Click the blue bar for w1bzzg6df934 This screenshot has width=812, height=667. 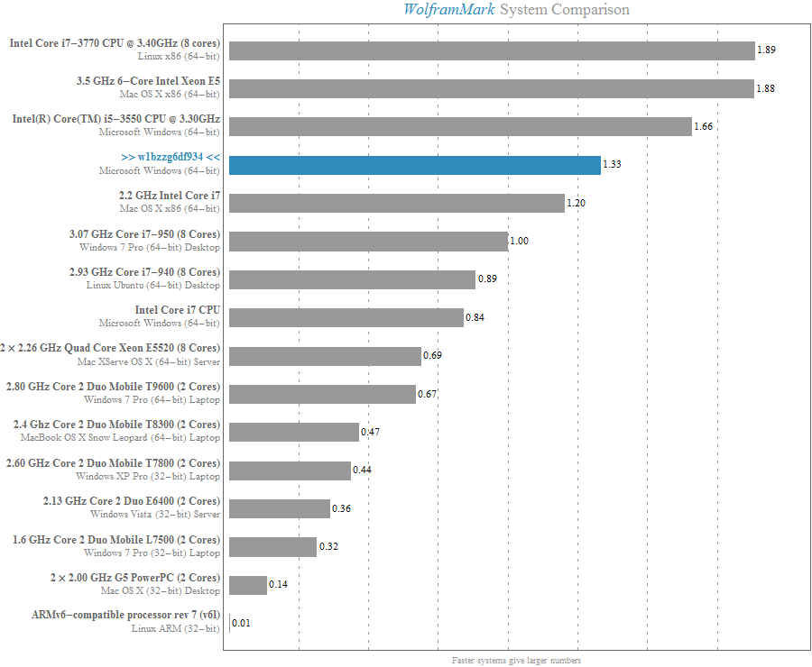[414, 165]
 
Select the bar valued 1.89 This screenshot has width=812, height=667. [492, 50]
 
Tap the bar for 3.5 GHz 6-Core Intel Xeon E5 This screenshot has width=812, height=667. [491, 88]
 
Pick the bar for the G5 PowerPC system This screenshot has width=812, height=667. [248, 585]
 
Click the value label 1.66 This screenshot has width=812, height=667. [704, 127]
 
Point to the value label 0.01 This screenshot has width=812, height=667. [241, 623]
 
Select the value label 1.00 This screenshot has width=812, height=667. [520, 242]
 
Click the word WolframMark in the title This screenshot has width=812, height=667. [448, 10]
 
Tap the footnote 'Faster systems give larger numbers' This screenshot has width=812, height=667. [517, 660]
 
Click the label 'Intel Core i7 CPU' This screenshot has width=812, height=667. [177, 310]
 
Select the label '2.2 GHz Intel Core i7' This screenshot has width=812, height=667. [169, 196]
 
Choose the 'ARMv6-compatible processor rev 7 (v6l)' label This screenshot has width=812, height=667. [125, 616]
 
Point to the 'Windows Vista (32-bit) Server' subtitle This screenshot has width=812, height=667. [154, 514]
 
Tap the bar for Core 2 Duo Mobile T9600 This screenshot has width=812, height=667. [322, 394]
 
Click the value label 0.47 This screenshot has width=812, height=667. [370, 433]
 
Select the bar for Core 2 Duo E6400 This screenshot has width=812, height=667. [280, 508]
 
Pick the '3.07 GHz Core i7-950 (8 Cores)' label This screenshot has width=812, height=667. [143, 234]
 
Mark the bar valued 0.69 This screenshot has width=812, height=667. [325, 356]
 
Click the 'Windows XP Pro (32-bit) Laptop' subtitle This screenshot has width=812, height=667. [147, 476]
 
